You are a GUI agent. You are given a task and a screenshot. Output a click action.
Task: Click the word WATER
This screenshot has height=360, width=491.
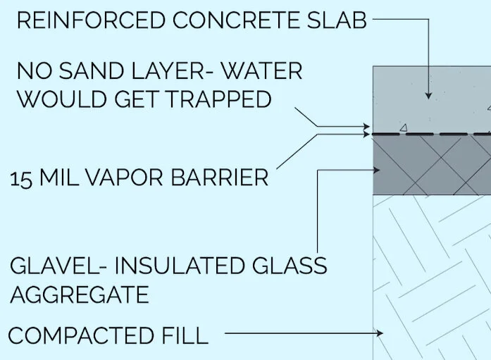point(261,71)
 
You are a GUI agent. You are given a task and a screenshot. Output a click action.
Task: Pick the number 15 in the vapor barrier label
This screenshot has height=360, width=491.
point(20,178)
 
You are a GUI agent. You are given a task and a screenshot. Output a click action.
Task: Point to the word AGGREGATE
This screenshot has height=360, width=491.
point(79,294)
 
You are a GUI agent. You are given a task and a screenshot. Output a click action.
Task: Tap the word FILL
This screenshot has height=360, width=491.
point(185,335)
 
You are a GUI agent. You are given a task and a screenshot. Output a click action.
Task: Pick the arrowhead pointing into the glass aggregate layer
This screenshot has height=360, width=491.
point(379,170)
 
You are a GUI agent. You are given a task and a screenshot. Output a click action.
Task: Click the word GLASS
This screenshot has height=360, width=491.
point(289,266)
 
